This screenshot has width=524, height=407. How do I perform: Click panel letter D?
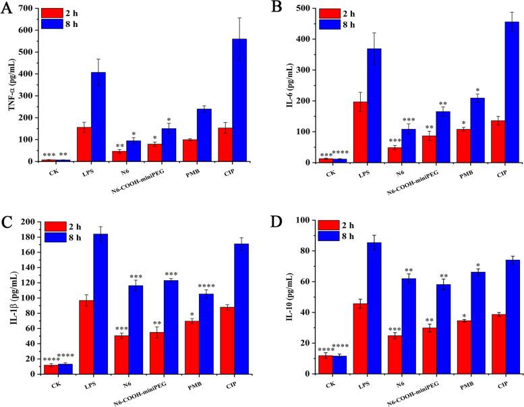275,221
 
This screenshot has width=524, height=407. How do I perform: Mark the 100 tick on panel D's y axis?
304,221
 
